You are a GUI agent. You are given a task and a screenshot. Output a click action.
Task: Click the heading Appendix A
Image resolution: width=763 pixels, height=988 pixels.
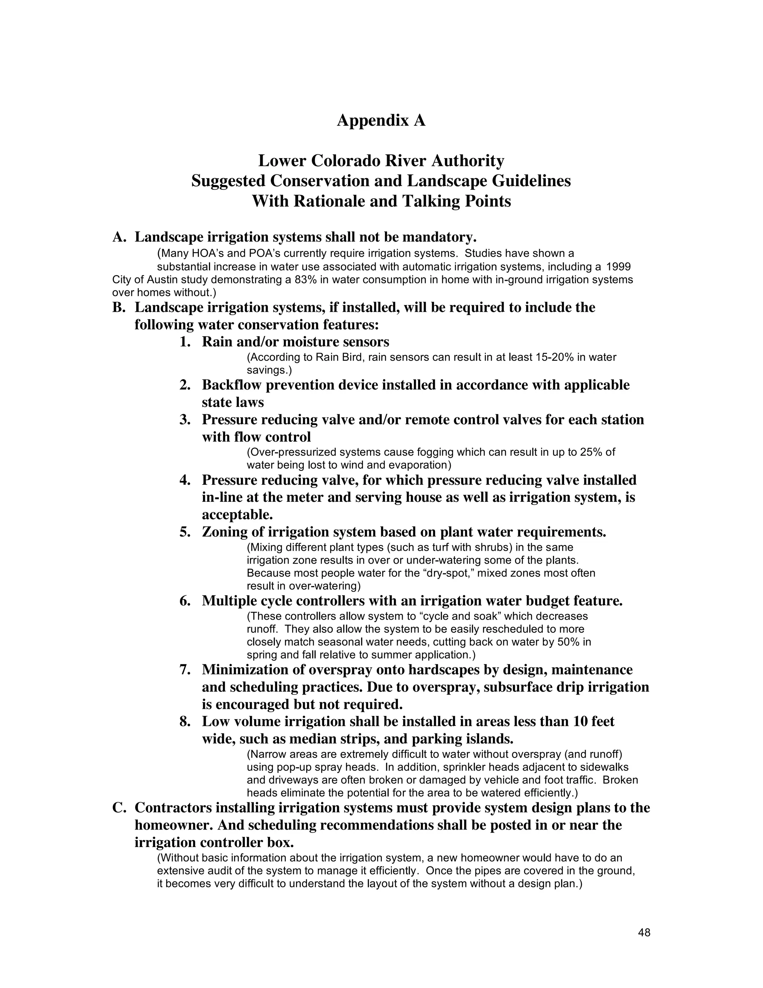[x=381, y=120]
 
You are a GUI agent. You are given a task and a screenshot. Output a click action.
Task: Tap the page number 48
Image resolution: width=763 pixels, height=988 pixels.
[x=644, y=932]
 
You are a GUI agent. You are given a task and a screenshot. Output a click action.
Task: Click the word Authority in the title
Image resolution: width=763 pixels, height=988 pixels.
[x=468, y=161]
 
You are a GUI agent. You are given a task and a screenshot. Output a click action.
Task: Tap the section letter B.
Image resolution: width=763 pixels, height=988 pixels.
[x=118, y=308]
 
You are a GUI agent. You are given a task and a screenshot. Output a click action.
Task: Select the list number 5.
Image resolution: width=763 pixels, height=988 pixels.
[x=184, y=532]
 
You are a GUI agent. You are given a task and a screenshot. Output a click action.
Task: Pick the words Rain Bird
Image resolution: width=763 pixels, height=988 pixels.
[x=339, y=358]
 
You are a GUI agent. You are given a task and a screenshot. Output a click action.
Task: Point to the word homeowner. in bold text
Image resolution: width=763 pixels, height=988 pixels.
[x=174, y=825]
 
